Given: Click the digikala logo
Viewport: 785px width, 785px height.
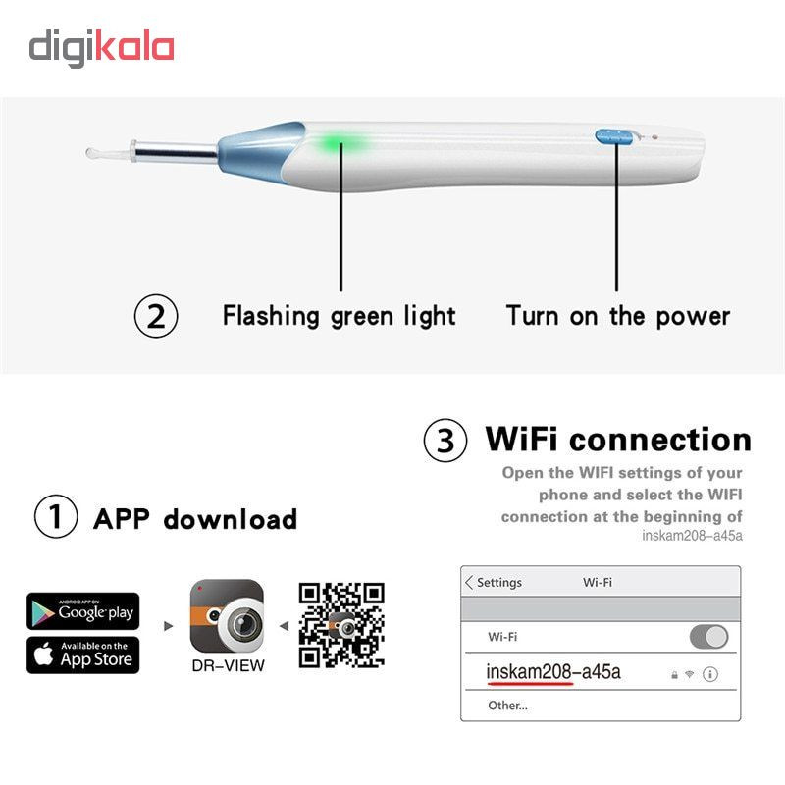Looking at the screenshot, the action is coord(102,48).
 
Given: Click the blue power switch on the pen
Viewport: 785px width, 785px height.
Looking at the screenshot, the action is coord(614,136).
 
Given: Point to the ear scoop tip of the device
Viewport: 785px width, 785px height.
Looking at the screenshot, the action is coord(91,152).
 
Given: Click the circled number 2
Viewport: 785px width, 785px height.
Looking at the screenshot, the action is coord(156,316).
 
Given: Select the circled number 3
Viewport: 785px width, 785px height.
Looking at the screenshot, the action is coord(445,441).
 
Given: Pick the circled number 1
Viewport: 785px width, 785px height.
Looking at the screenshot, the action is coord(56,517).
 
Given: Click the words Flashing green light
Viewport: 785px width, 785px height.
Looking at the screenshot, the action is coord(339,316).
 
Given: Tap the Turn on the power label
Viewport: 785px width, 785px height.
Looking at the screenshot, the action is coord(618,316).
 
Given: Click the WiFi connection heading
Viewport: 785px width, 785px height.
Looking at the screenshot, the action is coord(618,440).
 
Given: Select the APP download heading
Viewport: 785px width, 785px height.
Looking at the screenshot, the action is coord(195,519).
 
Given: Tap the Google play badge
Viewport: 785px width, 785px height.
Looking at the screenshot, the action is coord(83,610).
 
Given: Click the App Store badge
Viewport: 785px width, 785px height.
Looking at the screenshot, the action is coord(83,654).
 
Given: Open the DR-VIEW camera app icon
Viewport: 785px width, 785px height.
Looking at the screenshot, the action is coord(227,616).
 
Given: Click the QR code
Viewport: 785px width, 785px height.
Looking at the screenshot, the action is coord(341,625).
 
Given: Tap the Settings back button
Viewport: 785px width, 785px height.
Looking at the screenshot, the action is coord(494,582).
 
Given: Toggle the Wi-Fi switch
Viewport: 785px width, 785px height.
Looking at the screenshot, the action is coord(708,637).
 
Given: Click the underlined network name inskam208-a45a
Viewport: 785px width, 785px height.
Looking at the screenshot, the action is coord(553,672).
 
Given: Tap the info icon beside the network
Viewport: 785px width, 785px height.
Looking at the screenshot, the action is coord(709,674).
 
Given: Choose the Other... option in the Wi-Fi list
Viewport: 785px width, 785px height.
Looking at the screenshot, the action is coord(507,706).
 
